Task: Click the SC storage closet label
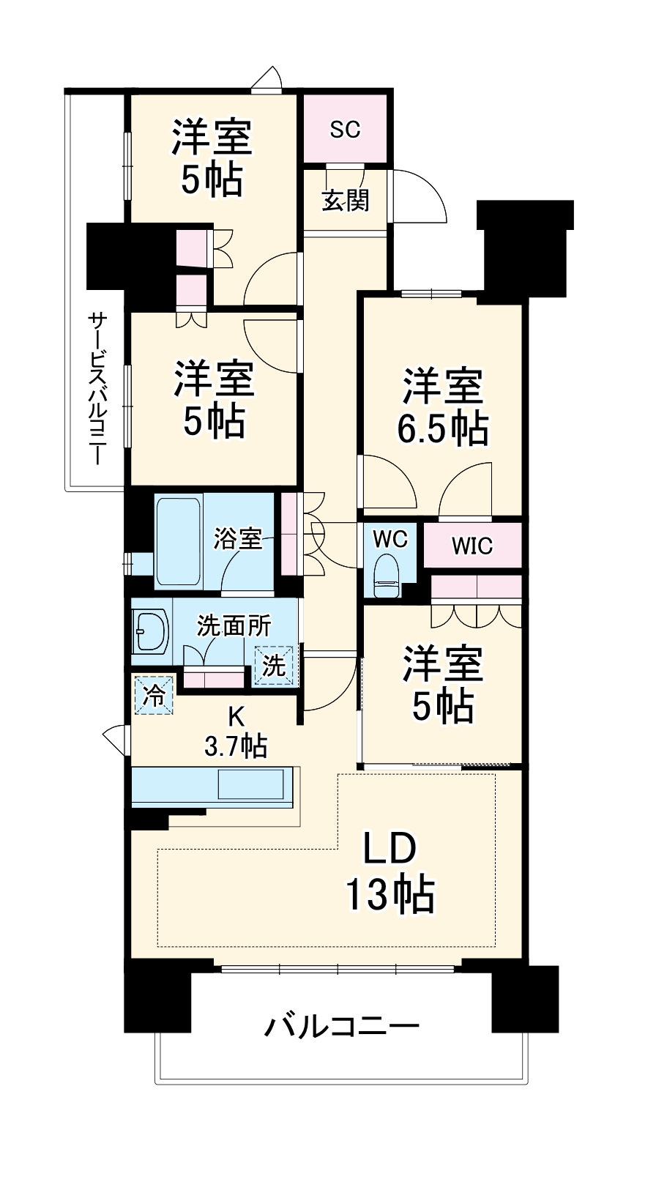tap(345, 129)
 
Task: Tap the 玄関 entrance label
tap(346, 201)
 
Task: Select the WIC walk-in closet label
tap(472, 546)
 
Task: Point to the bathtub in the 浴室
tap(179, 541)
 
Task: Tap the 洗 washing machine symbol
tap(274, 666)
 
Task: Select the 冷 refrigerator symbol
tap(154, 696)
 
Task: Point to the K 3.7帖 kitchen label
tap(235, 731)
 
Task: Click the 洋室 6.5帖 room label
tap(442, 407)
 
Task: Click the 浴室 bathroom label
tap(237, 539)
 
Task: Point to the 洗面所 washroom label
tap(234, 626)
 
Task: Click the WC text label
tap(390, 539)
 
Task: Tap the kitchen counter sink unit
tap(212, 787)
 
